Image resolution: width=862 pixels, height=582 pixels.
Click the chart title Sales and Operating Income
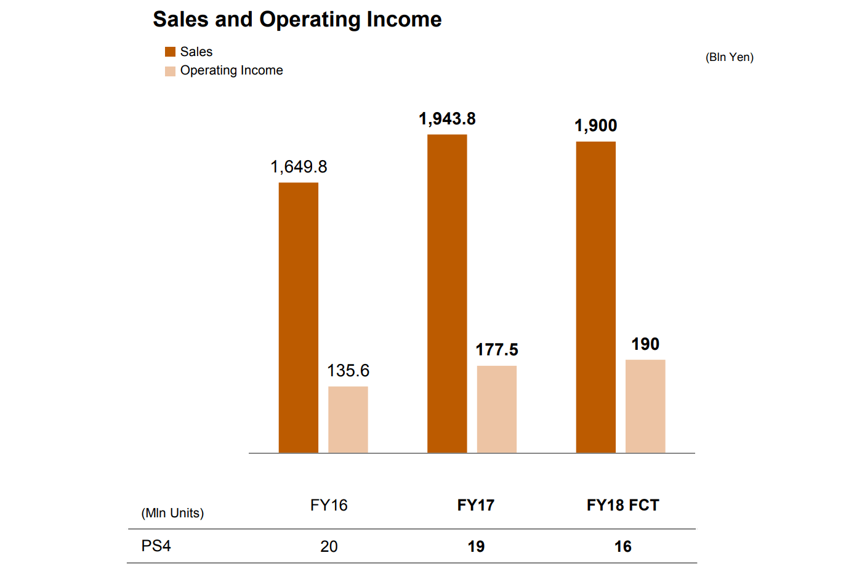point(297,20)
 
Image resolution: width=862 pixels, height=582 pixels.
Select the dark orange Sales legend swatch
point(171,52)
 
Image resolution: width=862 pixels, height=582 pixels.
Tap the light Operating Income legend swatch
point(171,71)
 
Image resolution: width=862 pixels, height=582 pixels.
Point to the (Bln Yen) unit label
point(729,57)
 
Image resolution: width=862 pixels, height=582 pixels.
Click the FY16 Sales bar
point(299,317)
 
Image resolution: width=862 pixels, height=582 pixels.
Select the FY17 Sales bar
point(447,293)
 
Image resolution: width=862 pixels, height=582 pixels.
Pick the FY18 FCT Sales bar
point(595,297)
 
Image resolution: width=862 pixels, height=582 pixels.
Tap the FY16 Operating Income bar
point(348,419)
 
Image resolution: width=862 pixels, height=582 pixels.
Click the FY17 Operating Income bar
point(496,409)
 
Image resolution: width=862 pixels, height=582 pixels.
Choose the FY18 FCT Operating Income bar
point(645,406)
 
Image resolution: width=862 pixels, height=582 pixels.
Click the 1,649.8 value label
point(299,167)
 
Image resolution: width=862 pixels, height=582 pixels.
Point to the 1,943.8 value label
point(447,119)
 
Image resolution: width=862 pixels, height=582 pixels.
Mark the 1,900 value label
point(595,126)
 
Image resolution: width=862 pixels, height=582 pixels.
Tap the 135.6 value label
point(348,371)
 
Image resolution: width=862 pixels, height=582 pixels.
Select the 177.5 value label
point(496,350)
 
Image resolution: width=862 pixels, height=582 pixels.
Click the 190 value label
point(645,344)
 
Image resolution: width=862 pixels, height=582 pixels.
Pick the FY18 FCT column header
point(622,506)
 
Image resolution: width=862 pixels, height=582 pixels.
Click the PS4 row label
point(156,546)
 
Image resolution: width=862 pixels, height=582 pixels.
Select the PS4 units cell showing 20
point(329,546)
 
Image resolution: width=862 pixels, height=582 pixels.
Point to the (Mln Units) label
point(172,513)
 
